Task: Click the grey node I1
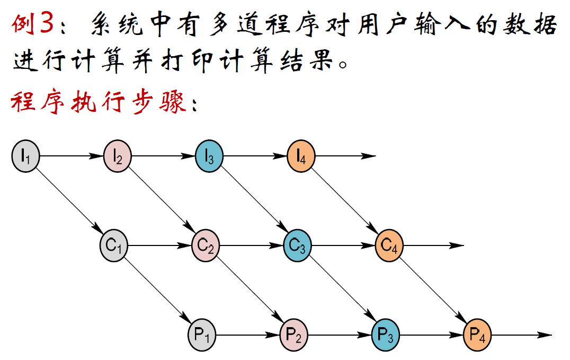[x=25, y=155]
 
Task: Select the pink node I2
[x=117, y=155]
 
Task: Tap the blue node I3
[x=209, y=155]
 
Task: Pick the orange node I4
[x=301, y=155]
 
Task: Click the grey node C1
[x=113, y=245]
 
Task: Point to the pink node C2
[x=205, y=245]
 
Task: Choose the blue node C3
[x=297, y=245]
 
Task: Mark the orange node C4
[x=389, y=245]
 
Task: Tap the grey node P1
[x=202, y=335]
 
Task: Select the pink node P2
[x=293, y=335]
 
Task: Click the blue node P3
[x=385, y=335]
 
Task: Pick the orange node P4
[x=477, y=335]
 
